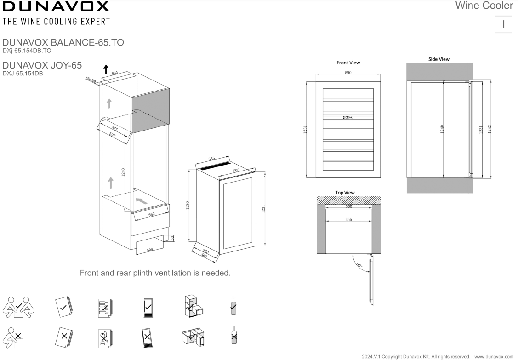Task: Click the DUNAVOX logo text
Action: coord(56,7)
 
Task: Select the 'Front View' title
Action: coord(348,63)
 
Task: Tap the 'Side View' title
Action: coord(438,59)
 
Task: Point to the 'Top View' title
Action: coord(345,192)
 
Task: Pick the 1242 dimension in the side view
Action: coord(490,129)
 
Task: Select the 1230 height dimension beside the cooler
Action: coord(188,205)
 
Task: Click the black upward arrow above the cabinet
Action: coord(106,69)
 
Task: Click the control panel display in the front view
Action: coord(348,117)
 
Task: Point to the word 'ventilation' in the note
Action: coord(173,273)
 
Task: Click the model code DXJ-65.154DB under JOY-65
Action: coord(23,73)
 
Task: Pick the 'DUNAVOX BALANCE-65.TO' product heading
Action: coord(63,43)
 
